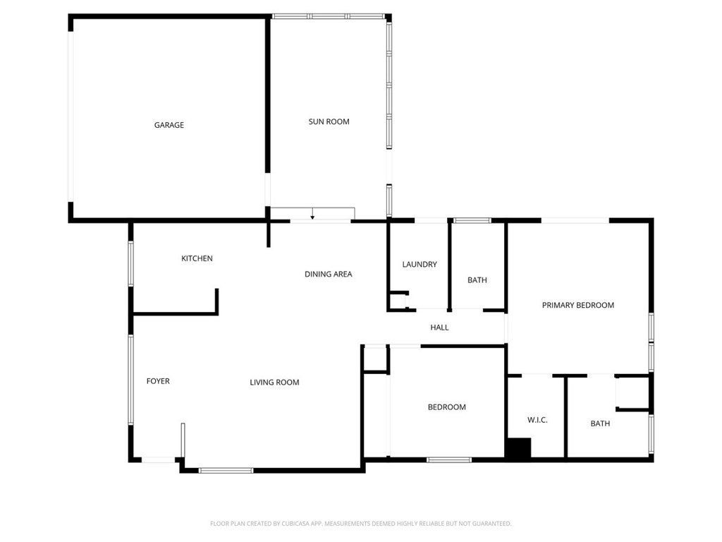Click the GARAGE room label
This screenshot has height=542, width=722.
coord(169,125)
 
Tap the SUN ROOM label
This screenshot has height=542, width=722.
coord(329,121)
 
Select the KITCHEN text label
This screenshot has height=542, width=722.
coord(197,258)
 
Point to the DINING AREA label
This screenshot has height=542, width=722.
coord(328,274)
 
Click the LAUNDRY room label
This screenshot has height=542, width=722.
coord(420,265)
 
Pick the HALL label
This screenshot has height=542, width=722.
coord(439,327)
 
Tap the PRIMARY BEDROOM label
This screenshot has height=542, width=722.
coord(577,306)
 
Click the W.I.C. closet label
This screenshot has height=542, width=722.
coord(537,420)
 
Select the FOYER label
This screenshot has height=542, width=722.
coord(158,381)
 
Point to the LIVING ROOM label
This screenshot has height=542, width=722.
coord(274,383)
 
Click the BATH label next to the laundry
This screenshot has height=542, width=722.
coord(477,280)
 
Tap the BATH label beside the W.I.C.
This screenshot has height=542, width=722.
coord(600,423)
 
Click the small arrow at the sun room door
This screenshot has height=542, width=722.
coord(312,216)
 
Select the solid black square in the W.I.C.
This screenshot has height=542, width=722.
coord(518,449)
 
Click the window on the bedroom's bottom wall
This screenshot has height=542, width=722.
coord(449,460)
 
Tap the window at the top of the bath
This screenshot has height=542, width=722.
coord(472,221)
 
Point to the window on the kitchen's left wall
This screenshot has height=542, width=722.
coord(130,264)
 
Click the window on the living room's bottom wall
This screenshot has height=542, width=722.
coord(226,470)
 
